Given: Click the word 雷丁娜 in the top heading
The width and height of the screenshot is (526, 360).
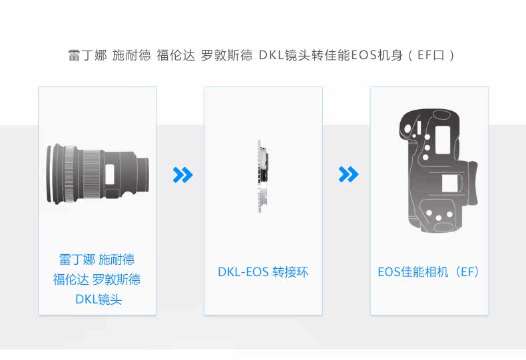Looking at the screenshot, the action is point(87,55).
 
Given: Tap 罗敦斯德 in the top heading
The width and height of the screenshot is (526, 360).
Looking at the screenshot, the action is point(226,55).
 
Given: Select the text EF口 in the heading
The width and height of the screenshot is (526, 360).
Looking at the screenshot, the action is point(431,55).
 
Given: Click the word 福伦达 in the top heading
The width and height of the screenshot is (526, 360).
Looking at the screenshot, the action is point(176,55).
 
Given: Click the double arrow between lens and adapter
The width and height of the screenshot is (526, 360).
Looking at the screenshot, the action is point(183,174).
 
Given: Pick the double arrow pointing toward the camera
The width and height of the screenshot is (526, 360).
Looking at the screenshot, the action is point(348,174).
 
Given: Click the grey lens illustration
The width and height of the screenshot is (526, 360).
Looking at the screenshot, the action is point(97,173).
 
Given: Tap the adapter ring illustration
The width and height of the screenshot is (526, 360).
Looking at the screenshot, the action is point(263,176).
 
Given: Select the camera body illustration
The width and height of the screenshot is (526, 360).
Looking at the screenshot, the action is point(438,170).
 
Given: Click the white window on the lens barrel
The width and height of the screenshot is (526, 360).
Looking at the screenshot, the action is point(110,174).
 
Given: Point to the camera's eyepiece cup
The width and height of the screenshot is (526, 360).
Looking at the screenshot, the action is point(472,183).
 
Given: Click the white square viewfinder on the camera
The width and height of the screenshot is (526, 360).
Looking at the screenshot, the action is point(450,184).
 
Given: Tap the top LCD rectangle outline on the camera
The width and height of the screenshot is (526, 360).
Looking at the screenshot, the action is point(443,140).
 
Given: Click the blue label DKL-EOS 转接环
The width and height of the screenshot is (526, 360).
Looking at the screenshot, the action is point(263,272).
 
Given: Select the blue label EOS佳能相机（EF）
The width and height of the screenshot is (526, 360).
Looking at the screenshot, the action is point(429,272).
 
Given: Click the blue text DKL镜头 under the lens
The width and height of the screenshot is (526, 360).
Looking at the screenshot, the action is point(99,299).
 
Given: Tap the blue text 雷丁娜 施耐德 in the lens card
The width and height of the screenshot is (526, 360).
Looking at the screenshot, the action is point(97,260).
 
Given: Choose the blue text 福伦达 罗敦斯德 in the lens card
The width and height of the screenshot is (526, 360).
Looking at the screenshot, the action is point(97,279).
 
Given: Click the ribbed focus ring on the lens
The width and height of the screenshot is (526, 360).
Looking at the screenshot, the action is point(91,174).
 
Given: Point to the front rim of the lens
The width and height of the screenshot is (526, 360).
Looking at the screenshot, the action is point(51,173).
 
